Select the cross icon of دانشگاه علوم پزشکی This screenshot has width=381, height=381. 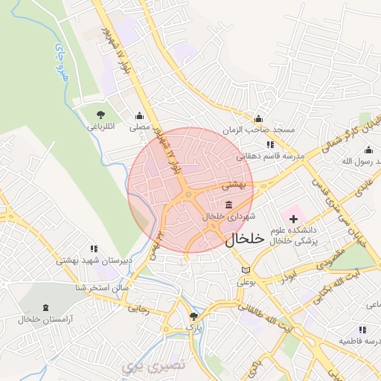(293, 220)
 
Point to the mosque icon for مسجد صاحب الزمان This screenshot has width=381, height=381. (258, 118)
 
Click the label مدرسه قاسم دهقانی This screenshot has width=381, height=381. (271, 156)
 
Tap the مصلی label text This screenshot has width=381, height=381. (140, 128)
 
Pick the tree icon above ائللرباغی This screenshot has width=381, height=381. (100, 115)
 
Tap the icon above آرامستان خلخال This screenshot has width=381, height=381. (48, 307)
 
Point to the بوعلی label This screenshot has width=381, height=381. (246, 282)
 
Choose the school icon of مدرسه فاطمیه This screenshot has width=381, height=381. (362, 329)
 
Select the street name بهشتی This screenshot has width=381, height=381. (234, 182)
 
